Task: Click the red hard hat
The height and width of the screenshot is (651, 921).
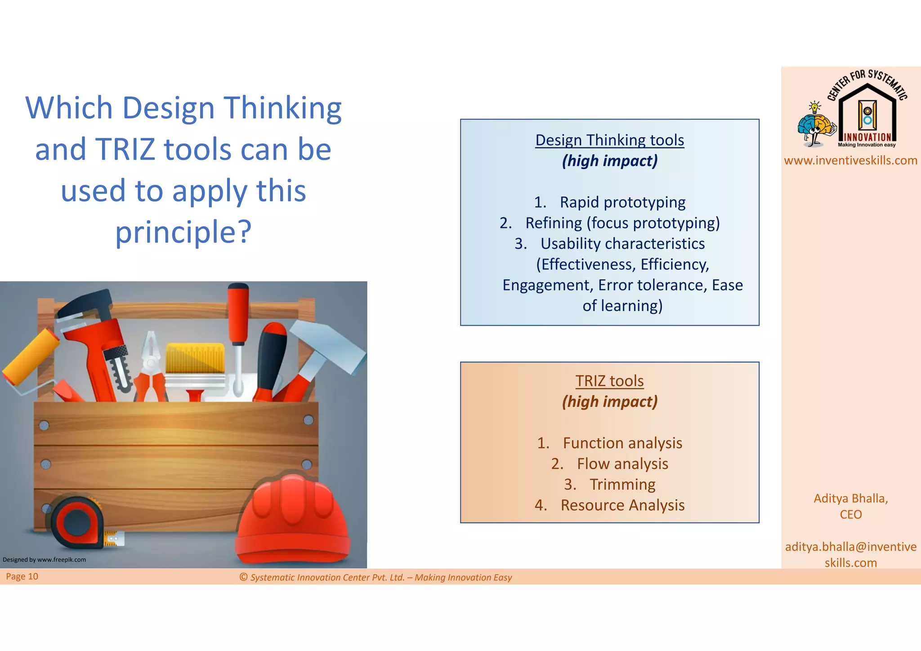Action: tap(292, 522)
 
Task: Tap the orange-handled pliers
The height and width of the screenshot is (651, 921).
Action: tap(151, 369)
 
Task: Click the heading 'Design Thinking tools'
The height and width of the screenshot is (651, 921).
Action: tap(609, 140)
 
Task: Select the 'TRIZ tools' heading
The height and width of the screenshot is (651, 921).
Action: tap(609, 381)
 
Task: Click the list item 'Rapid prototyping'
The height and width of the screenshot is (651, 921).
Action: tap(622, 202)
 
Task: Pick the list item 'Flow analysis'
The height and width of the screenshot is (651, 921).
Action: tap(622, 464)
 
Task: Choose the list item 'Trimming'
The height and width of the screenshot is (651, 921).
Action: tap(622, 485)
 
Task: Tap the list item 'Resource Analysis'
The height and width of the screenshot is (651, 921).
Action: tap(622, 505)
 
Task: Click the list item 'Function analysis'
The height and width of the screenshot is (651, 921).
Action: tap(622, 443)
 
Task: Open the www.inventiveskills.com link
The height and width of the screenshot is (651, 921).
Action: tap(850, 161)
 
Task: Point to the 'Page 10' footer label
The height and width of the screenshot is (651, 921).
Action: tap(22, 576)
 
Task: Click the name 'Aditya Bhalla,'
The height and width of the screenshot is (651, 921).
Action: tap(850, 499)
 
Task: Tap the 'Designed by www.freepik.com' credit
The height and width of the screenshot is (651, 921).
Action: tap(44, 560)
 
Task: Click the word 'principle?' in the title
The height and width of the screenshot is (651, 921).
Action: tap(183, 232)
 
